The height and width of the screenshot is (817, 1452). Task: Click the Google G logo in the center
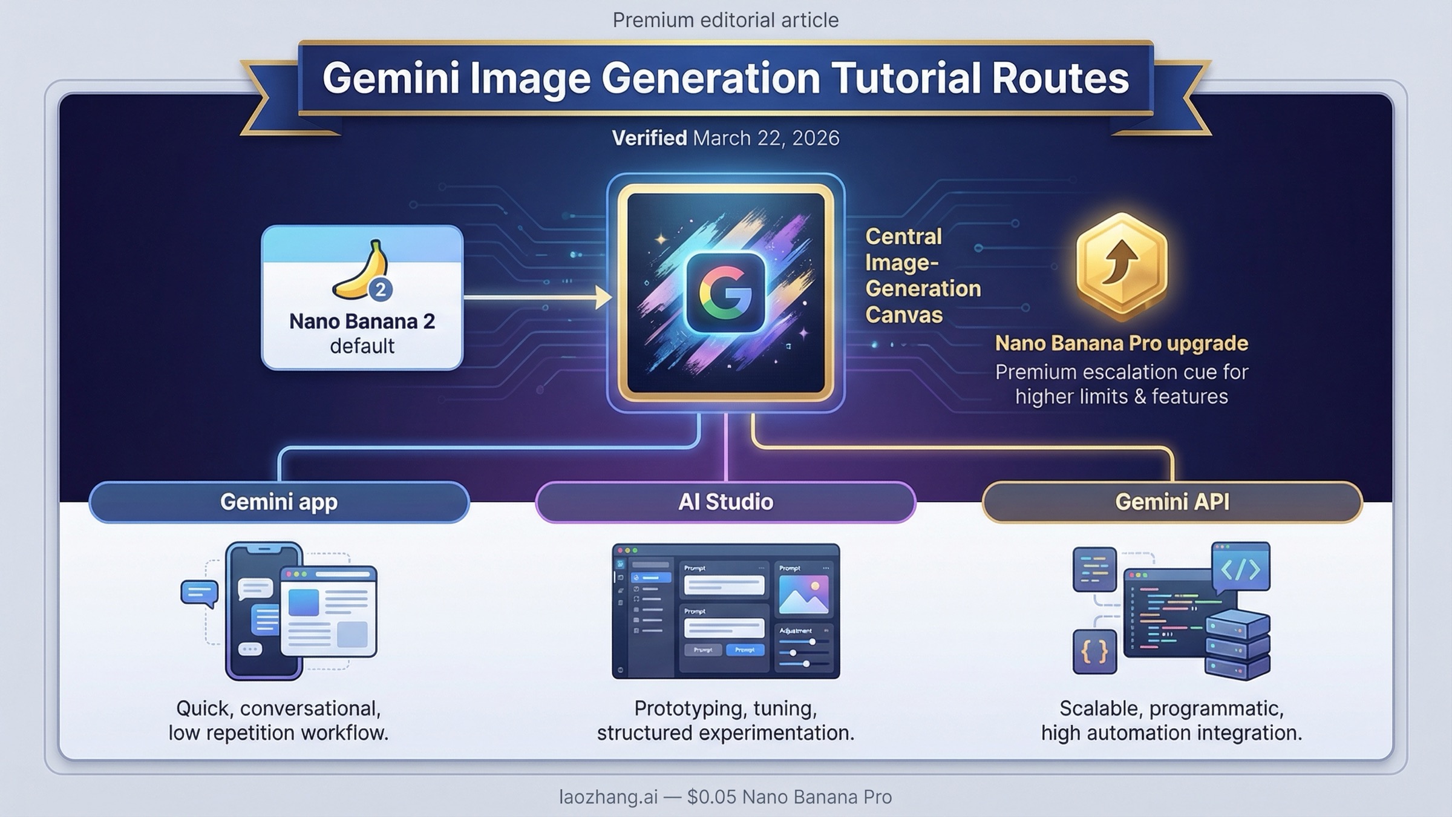tap(725, 292)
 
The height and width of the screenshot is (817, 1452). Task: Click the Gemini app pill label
tap(279, 502)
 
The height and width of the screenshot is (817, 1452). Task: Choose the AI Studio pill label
tap(725, 502)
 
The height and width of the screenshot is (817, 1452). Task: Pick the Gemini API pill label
tap(1172, 502)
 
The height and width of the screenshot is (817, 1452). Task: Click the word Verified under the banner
tap(649, 138)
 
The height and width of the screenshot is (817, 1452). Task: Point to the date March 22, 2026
tap(766, 138)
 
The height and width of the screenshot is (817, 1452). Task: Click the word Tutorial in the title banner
tap(907, 79)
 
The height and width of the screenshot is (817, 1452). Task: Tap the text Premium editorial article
tap(725, 20)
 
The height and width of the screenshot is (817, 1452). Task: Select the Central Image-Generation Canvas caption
tap(922, 275)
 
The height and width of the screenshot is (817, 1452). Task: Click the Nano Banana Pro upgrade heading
tap(1121, 343)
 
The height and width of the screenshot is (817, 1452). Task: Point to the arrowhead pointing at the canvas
tap(603, 297)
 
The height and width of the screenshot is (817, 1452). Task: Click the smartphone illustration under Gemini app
tap(264, 611)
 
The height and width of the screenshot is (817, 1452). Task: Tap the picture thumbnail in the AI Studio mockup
tap(803, 594)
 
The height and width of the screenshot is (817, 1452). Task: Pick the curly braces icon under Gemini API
tap(1094, 652)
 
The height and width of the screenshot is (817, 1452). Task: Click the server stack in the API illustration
tap(1237, 645)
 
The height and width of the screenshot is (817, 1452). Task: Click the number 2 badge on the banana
tap(381, 290)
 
